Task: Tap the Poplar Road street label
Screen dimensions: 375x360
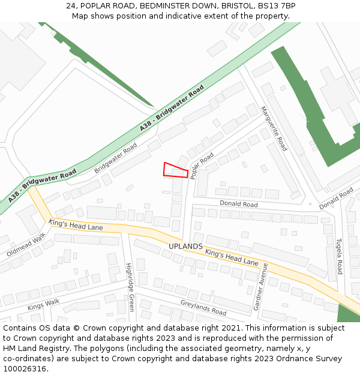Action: (202, 166)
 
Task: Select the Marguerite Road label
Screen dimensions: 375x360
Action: (274, 128)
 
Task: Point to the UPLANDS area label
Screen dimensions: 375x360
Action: (185, 247)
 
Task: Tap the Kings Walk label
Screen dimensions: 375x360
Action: (43, 305)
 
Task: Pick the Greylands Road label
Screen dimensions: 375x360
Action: (203, 308)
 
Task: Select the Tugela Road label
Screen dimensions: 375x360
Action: (339, 255)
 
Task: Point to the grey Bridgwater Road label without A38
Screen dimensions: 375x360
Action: (115, 158)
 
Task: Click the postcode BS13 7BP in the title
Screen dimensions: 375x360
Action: (277, 6)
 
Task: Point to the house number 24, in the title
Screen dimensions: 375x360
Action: (73, 6)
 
